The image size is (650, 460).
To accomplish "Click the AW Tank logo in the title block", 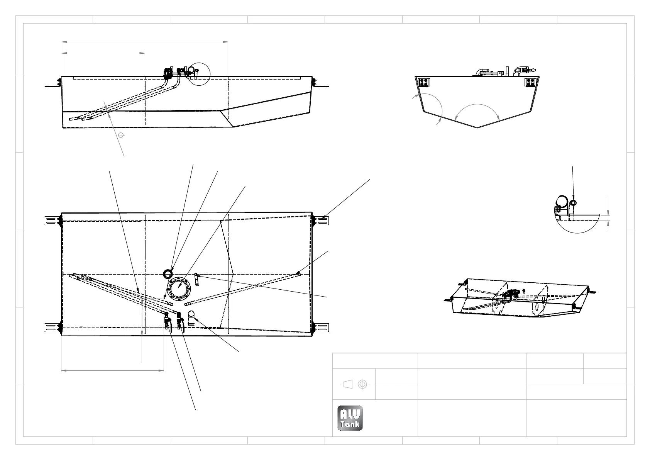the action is (x=350, y=418).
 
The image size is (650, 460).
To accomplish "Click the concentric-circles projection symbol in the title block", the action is (x=362, y=384).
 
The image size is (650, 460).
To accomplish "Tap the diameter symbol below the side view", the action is (x=121, y=135).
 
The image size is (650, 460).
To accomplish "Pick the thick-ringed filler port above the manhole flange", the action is (x=168, y=273).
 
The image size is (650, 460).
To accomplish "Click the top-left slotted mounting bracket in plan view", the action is (x=51, y=221).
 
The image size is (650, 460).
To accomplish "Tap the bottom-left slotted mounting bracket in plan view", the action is (x=51, y=328).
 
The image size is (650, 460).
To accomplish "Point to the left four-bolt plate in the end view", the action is (x=424, y=82).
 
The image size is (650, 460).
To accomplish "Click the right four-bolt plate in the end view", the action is (x=530, y=82).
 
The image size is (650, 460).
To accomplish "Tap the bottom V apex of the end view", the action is (x=477, y=127).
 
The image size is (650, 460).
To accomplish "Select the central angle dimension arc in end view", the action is (x=477, y=105).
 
